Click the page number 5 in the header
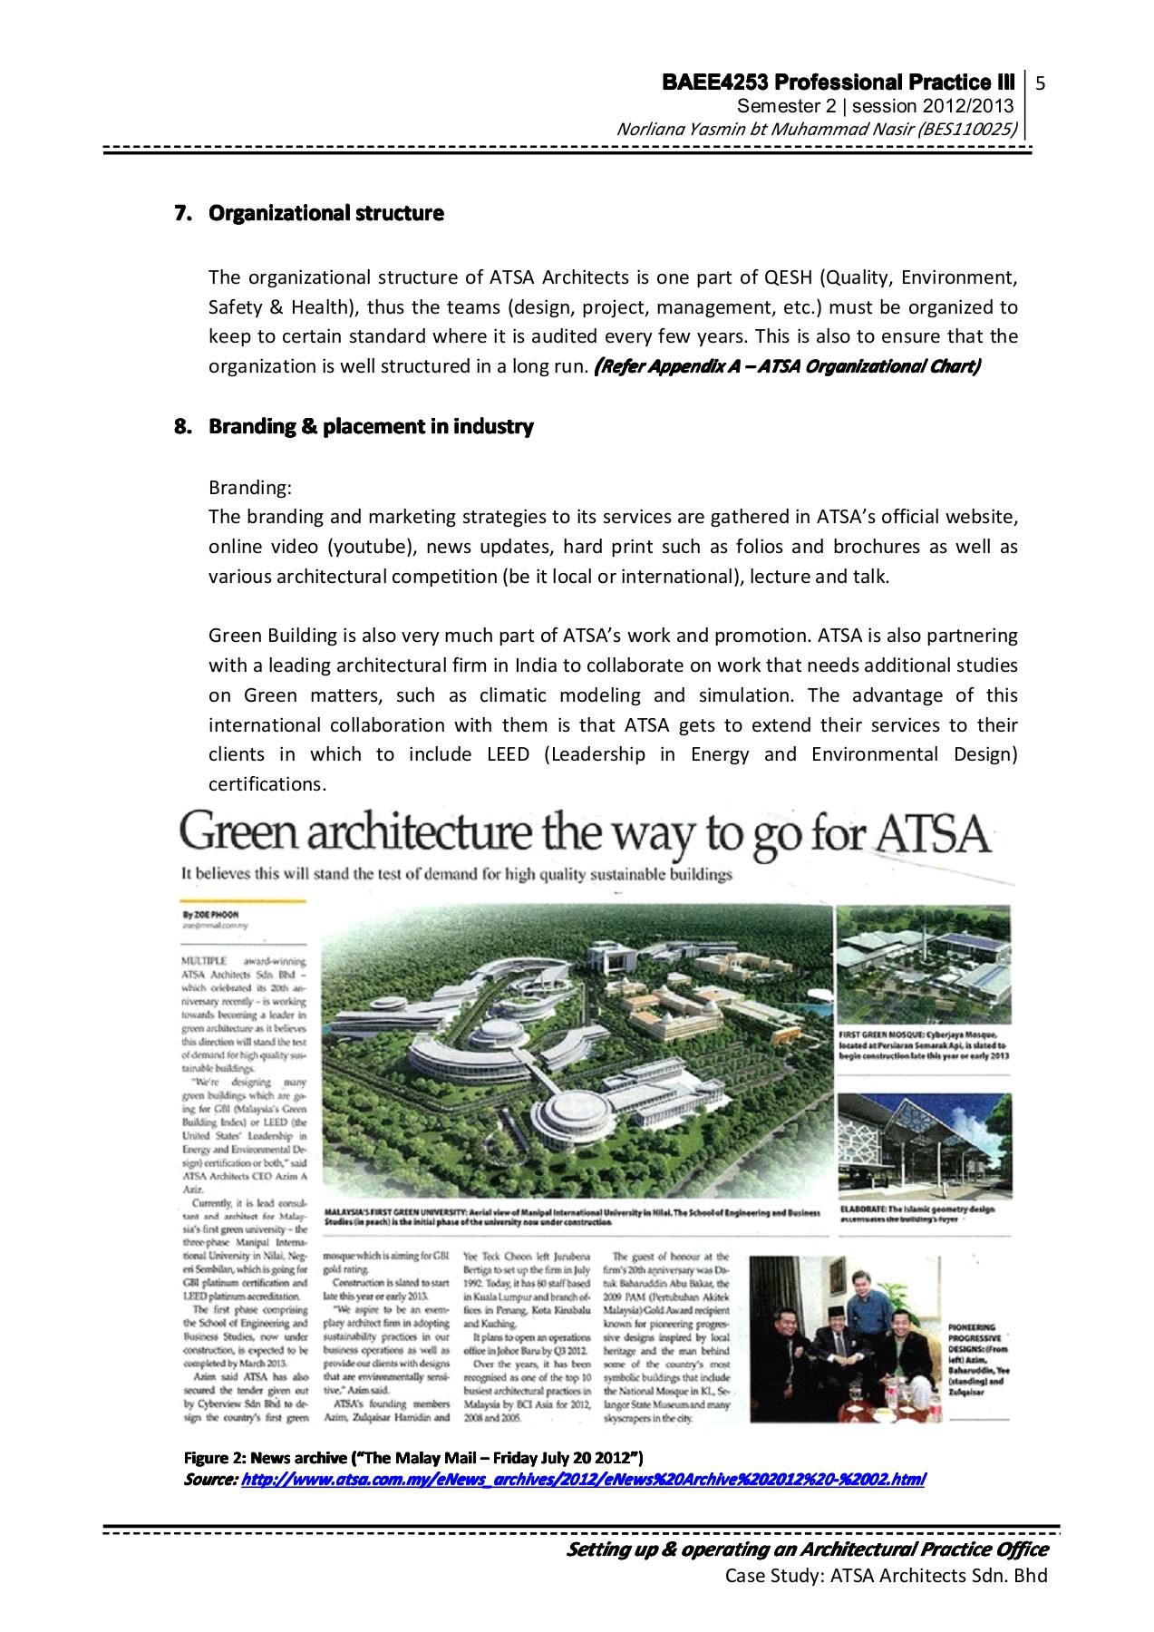click(x=1041, y=84)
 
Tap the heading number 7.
click(x=182, y=214)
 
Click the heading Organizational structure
click(x=325, y=214)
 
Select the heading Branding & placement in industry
click(x=371, y=427)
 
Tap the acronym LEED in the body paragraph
click(x=508, y=754)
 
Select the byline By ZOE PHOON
click(x=210, y=915)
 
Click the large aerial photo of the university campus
click(x=576, y=1052)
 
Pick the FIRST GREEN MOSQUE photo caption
click(x=923, y=1044)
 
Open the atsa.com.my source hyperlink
click(x=583, y=1480)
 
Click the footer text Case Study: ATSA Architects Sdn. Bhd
click(x=886, y=1576)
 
